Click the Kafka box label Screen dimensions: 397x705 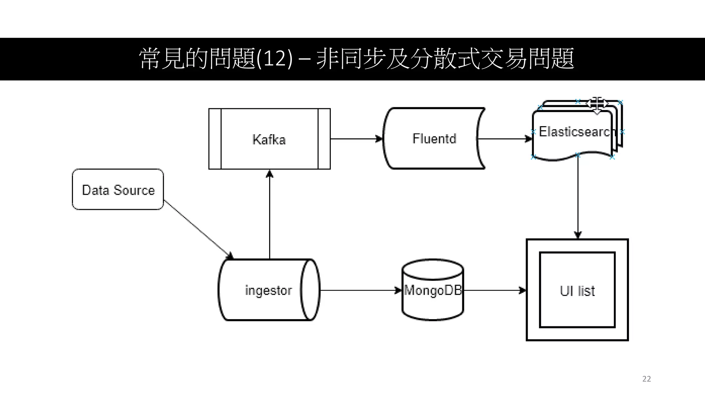(269, 140)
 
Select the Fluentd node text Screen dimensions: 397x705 (434, 139)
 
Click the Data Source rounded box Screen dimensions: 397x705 (118, 190)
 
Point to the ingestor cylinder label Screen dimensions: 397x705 (268, 290)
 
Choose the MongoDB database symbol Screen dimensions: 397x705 (433, 290)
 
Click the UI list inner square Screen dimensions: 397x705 (577, 290)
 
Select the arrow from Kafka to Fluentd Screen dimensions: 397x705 (356, 139)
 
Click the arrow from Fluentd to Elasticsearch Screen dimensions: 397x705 (505, 139)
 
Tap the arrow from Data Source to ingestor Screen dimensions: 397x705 (198, 229)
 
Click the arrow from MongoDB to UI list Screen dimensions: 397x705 (494, 291)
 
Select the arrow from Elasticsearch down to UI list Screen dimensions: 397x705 (578, 196)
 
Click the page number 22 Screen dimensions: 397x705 (646, 379)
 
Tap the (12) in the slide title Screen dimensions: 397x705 (274, 59)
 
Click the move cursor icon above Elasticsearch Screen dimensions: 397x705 (597, 104)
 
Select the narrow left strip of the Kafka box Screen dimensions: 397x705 (215, 139)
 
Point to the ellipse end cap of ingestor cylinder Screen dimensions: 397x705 (310, 290)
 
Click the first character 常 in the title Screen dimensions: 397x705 (149, 59)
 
